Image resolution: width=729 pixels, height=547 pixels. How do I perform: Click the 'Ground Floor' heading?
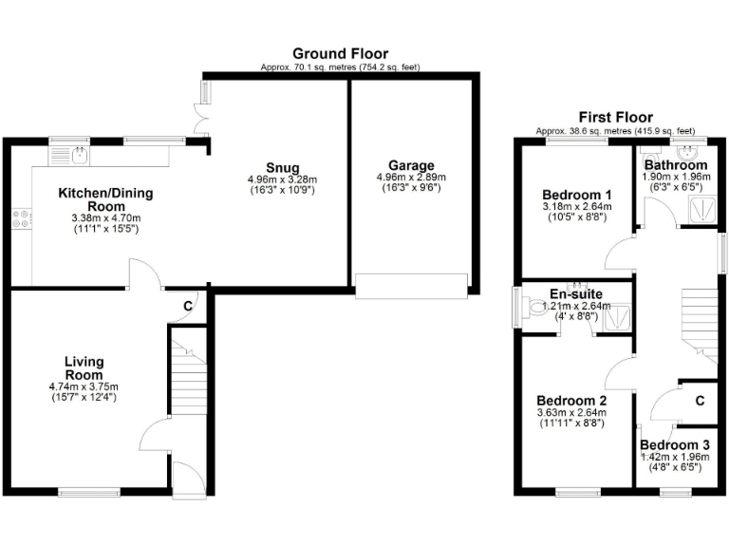click(340, 53)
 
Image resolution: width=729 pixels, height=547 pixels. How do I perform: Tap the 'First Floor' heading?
click(615, 117)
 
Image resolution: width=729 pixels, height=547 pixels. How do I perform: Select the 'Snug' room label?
click(282, 166)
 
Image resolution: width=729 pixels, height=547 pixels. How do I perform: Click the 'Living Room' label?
click(84, 368)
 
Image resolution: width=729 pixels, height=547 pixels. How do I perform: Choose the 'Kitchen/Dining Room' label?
click(105, 199)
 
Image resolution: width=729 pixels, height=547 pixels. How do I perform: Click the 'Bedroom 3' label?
click(674, 444)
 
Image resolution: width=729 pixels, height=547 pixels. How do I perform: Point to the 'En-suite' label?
click(574, 293)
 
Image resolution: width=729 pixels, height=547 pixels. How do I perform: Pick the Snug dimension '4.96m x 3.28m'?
click(282, 179)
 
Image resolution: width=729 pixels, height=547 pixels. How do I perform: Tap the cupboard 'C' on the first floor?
click(699, 401)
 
